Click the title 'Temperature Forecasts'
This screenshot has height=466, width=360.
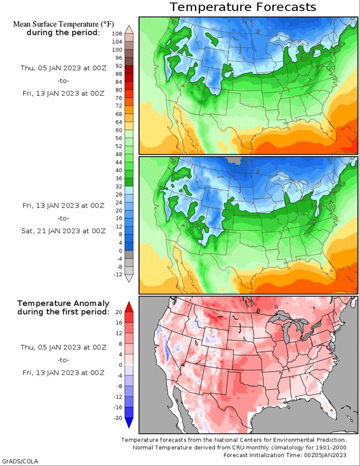click(x=242, y=7)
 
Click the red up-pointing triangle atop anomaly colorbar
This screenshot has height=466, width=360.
click(x=129, y=305)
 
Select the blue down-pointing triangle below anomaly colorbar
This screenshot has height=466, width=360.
click(x=129, y=423)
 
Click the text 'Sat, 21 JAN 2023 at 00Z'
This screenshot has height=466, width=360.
click(x=63, y=231)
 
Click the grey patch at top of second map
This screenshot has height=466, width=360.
click(x=233, y=161)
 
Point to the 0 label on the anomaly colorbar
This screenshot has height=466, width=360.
click(x=120, y=365)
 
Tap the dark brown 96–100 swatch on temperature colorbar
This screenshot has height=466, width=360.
click(x=129, y=54)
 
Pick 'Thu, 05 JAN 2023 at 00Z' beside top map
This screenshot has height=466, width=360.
click(x=63, y=68)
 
